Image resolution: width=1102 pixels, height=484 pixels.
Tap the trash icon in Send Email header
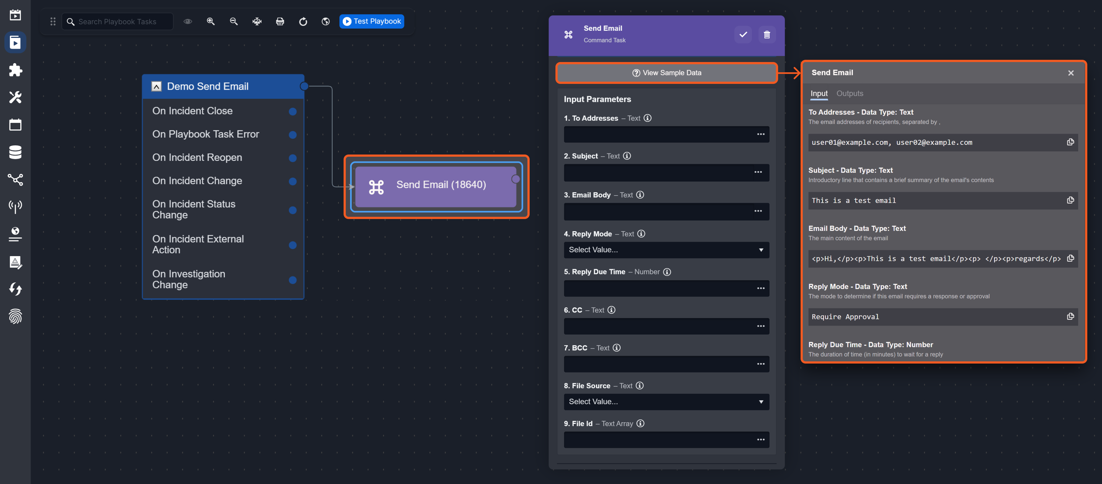767,35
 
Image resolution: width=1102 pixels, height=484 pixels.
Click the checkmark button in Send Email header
743,35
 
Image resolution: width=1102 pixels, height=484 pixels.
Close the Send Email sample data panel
1070,73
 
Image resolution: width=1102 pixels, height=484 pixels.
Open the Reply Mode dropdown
666,250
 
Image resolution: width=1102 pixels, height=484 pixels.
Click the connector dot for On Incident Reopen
293,158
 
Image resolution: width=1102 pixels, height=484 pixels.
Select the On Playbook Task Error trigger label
205,134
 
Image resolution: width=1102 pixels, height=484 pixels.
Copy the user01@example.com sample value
1070,142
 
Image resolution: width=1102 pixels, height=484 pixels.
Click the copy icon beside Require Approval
1070,316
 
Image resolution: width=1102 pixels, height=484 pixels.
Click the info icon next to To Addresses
648,118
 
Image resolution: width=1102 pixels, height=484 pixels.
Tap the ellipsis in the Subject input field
758,172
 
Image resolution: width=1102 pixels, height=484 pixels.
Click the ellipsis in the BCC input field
761,364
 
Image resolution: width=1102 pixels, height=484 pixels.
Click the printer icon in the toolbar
280,21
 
